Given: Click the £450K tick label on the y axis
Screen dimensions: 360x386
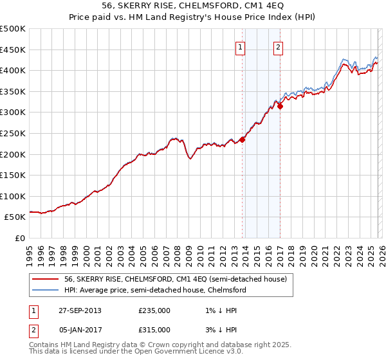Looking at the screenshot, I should (x=13, y=50).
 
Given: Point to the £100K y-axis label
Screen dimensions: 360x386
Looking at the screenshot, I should (x=13, y=196).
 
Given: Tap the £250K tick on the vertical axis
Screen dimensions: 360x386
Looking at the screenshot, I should (x=13, y=133).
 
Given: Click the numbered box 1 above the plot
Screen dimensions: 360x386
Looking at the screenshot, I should (x=240, y=46).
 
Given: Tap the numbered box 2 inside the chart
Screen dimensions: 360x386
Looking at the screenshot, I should (x=279, y=46).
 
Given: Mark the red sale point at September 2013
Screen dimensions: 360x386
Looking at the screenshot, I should (x=243, y=139).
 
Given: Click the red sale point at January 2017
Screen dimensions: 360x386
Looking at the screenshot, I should (x=280, y=106).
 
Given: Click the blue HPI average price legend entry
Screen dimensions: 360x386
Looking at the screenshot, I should (x=154, y=290).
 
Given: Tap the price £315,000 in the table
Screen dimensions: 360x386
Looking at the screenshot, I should (x=154, y=329).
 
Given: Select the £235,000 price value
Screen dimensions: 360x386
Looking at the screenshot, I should (x=154, y=310).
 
